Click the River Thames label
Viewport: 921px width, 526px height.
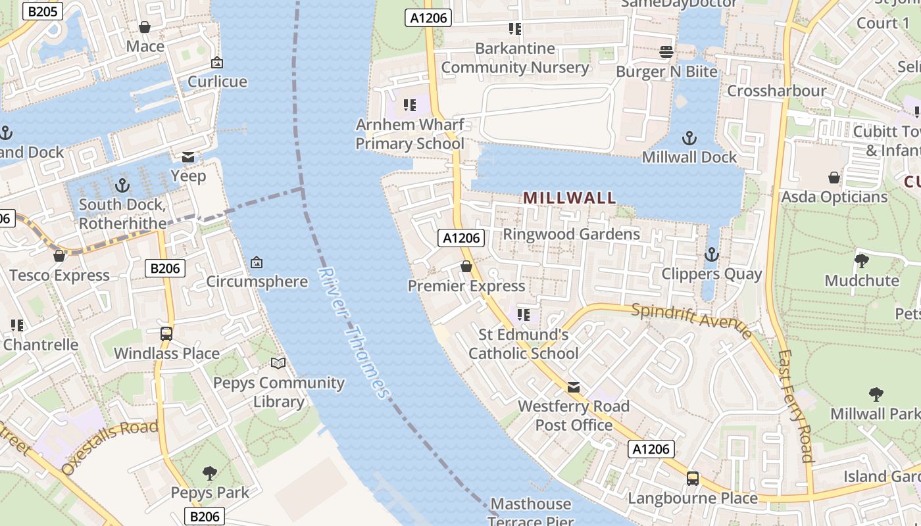pyautogui.click(x=354, y=333)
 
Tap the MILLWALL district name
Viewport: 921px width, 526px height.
pyautogui.click(x=570, y=197)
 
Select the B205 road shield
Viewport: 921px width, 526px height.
pyautogui.click(x=42, y=11)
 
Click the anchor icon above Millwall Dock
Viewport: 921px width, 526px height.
pyautogui.click(x=689, y=138)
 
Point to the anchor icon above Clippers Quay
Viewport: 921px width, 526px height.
pyautogui.click(x=711, y=254)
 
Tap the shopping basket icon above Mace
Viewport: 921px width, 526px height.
pyautogui.click(x=145, y=27)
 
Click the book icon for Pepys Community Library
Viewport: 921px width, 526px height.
pyautogui.click(x=278, y=363)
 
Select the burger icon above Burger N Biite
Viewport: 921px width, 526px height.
pyautogui.click(x=666, y=52)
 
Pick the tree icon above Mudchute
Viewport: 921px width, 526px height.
pyautogui.click(x=861, y=261)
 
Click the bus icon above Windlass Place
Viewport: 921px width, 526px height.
pyautogui.click(x=166, y=333)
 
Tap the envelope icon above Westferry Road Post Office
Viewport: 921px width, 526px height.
pyautogui.click(x=574, y=387)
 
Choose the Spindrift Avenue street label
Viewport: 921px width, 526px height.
pyautogui.click(x=691, y=320)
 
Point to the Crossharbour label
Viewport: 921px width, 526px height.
pyautogui.click(x=776, y=91)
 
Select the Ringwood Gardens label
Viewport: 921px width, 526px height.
pyautogui.click(x=571, y=234)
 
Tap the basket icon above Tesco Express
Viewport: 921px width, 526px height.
pyautogui.click(x=59, y=256)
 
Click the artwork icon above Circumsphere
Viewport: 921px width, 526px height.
pyautogui.click(x=257, y=262)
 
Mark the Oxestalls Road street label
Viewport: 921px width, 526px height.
pyautogui.click(x=110, y=447)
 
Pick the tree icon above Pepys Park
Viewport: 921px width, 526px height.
pyautogui.click(x=210, y=473)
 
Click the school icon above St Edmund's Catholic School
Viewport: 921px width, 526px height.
pyautogui.click(x=523, y=315)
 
